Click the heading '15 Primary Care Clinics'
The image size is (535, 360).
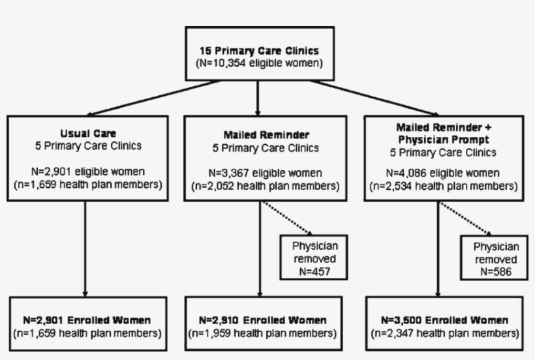[259, 50]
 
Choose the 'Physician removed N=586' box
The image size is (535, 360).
[497, 259]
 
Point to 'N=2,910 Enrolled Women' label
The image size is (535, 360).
[263, 320]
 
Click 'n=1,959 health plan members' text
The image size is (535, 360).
[263, 333]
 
